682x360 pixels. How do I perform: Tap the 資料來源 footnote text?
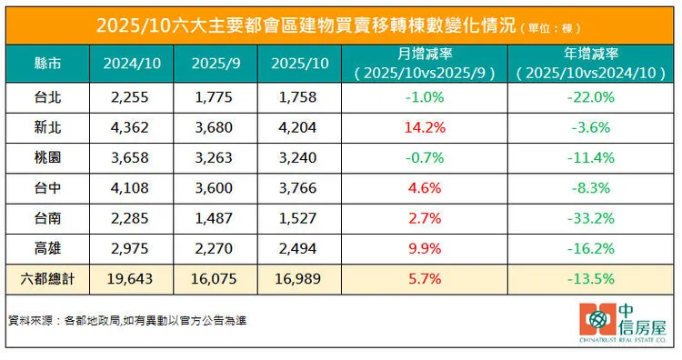(x=127, y=321)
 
